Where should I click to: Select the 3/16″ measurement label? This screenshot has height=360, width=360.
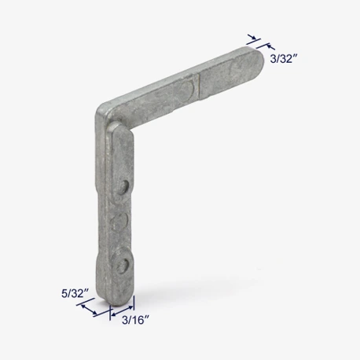pyautogui.click(x=136, y=320)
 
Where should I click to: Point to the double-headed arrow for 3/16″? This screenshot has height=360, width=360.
pyautogui.click(x=122, y=310)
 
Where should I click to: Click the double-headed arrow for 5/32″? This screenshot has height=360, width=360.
pyautogui.click(x=89, y=310)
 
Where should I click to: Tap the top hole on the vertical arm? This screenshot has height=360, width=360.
pyautogui.click(x=123, y=187)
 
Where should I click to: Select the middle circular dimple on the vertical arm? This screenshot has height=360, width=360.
pyautogui.click(x=119, y=222)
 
